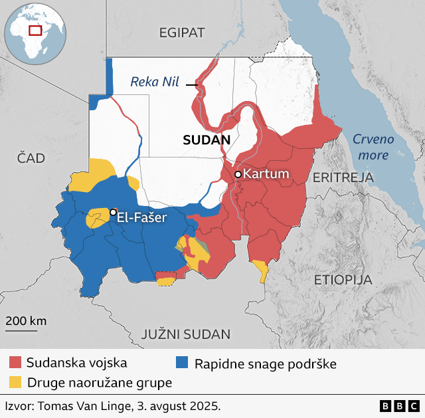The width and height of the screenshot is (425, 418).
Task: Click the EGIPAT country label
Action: [x=182, y=33]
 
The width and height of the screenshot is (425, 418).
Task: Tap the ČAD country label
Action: [x=31, y=157]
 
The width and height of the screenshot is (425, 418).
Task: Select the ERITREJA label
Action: [x=343, y=177]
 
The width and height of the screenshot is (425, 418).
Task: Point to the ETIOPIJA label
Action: [x=343, y=279]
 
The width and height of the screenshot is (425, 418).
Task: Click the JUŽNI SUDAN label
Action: [x=185, y=334]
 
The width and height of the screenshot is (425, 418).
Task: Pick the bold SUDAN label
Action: [x=206, y=140]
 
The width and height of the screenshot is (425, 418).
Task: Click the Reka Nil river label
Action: [x=155, y=82]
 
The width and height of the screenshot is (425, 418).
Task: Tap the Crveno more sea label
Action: [x=373, y=147]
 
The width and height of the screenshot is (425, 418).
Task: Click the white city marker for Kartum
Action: [x=238, y=174]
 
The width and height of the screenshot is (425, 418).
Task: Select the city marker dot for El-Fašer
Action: [x=113, y=211]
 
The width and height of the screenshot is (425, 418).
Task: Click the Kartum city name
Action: [x=266, y=174]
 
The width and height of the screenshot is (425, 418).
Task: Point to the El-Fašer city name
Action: [x=141, y=217]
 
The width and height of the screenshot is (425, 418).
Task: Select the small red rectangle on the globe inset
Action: [x=35, y=30]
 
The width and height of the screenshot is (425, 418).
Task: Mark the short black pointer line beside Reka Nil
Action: [x=192, y=84]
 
